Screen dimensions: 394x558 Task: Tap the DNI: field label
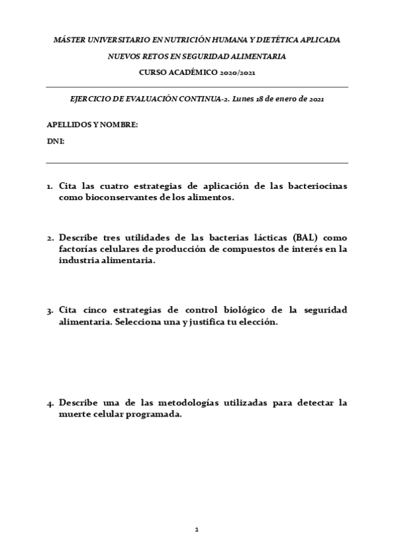pos(55,141)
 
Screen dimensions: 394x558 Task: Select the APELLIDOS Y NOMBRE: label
pos(92,124)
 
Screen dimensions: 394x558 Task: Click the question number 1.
pos(49,187)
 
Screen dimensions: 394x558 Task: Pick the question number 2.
pos(49,238)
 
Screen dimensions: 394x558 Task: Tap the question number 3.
pos(49,310)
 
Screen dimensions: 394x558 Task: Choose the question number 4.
pos(49,403)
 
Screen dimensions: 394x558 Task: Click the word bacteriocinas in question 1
pos(317,186)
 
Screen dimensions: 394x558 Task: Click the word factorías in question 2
pos(80,249)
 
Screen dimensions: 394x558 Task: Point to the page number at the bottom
pos(197,529)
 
